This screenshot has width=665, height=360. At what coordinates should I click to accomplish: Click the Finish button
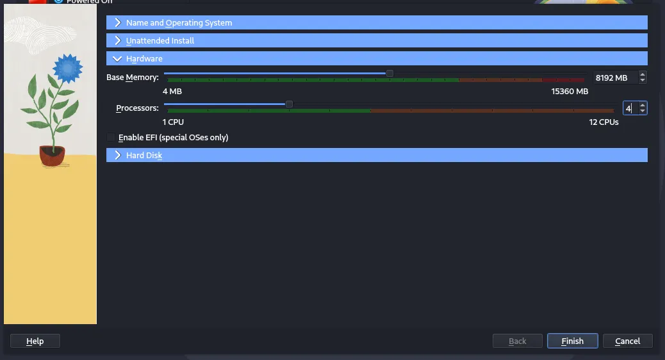point(573,341)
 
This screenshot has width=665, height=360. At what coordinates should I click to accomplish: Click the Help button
point(35,341)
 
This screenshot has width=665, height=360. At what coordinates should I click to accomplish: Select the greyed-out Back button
point(518,341)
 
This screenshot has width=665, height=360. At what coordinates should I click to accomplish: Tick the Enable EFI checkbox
point(111,137)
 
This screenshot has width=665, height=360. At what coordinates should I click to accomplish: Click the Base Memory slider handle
point(390,74)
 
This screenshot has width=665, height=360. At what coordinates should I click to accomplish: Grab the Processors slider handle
point(289,104)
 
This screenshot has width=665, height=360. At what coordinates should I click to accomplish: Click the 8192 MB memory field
point(615,78)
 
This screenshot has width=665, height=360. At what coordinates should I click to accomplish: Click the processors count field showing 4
point(630,108)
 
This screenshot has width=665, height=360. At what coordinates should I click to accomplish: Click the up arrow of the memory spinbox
point(643,74)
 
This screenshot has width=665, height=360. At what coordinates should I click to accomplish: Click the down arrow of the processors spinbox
point(643,111)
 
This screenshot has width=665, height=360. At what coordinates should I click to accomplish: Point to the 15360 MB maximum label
point(570,91)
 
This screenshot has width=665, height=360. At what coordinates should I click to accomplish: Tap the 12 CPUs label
point(603,122)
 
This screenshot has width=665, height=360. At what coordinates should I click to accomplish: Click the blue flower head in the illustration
point(67,69)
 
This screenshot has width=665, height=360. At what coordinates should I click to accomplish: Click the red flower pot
point(52,155)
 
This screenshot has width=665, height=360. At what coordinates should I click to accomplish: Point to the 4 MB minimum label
point(172,91)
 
